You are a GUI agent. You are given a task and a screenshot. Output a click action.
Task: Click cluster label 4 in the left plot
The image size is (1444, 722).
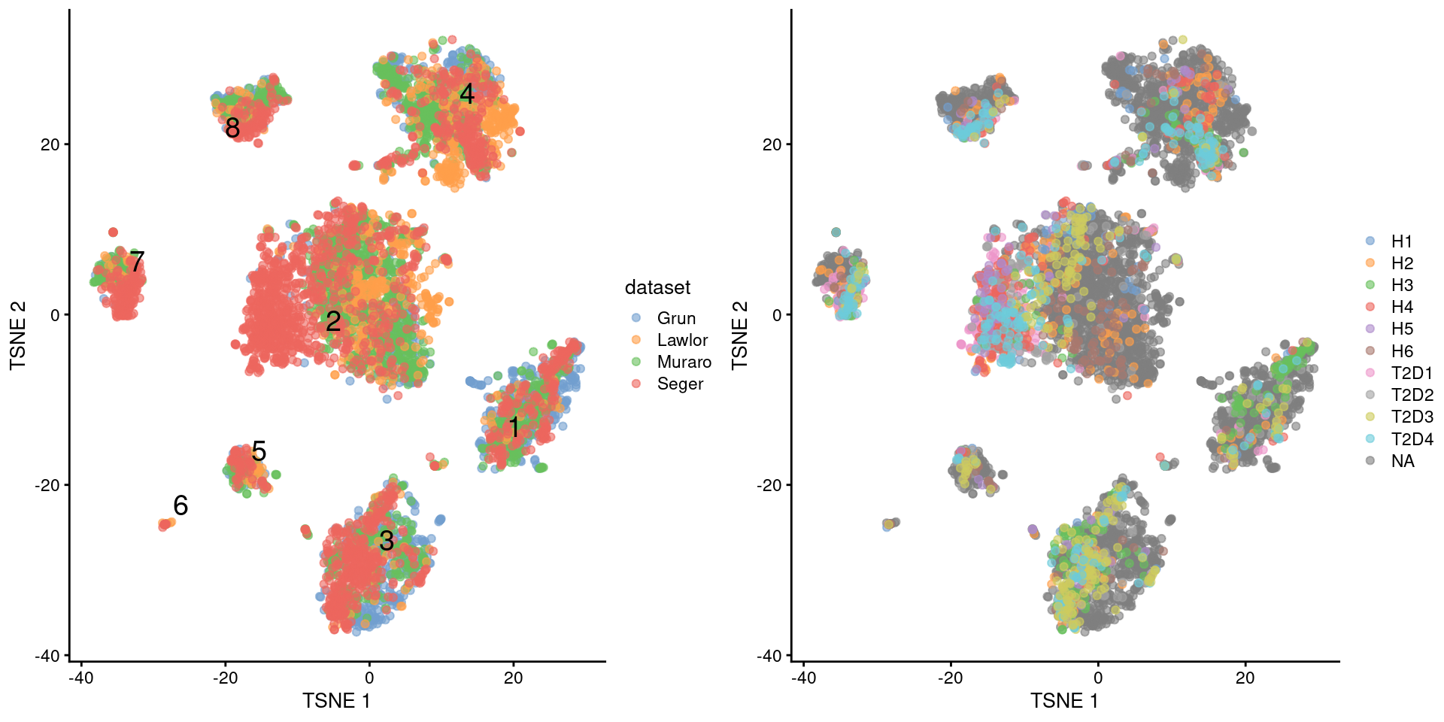point(467,94)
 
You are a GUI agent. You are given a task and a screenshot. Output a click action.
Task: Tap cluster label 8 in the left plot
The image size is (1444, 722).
point(232,129)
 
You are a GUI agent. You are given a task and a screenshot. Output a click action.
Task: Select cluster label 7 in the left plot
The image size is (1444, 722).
point(136,262)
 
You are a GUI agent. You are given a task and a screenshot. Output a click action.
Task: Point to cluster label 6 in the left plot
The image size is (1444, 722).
point(180,505)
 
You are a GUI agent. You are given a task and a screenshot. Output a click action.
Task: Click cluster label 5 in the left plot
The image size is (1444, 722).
point(259,451)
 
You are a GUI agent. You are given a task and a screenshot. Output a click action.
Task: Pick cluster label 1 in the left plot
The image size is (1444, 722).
point(514,427)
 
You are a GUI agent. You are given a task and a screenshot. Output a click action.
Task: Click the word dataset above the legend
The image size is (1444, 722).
point(657,287)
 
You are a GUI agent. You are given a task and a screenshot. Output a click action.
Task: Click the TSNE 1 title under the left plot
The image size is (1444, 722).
point(336,701)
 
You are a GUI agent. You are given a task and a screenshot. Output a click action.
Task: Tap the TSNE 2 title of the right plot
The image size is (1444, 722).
point(740,335)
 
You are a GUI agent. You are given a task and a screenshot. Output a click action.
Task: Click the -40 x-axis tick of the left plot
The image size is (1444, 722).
point(80,678)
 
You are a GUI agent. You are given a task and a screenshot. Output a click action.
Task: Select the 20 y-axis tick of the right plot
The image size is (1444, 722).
point(772,144)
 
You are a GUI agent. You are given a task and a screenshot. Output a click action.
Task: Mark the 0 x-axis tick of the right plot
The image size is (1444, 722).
point(1098,678)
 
